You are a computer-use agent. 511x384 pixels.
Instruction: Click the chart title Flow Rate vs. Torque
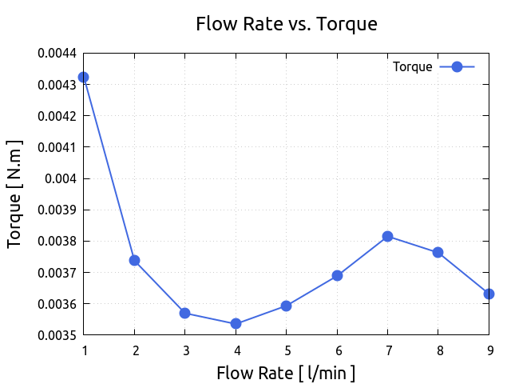pyautogui.click(x=286, y=24)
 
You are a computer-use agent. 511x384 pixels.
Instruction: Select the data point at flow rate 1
pyautogui.click(x=83, y=78)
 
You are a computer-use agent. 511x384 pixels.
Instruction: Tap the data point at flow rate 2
pyautogui.click(x=134, y=260)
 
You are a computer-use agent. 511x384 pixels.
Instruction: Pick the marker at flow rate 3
pyautogui.click(x=184, y=313)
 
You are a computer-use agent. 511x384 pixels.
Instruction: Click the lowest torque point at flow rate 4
pyautogui.click(x=236, y=324)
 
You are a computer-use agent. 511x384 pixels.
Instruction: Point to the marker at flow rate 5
pyautogui.click(x=286, y=306)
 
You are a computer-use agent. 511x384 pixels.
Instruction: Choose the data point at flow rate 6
pyautogui.click(x=337, y=275)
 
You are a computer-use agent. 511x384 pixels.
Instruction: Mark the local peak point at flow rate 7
pyautogui.click(x=387, y=236)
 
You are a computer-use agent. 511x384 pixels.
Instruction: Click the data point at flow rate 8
pyautogui.click(x=438, y=252)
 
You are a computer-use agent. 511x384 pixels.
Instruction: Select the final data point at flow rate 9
pyautogui.click(x=489, y=294)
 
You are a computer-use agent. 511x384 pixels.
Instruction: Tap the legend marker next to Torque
pyautogui.click(x=457, y=67)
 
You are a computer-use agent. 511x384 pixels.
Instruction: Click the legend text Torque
pyautogui.click(x=412, y=67)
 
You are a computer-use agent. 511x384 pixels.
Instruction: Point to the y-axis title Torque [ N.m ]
pyautogui.click(x=14, y=194)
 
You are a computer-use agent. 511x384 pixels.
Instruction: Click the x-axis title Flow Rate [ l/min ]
pyautogui.click(x=286, y=373)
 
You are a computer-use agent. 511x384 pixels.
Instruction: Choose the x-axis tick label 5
pyautogui.click(x=286, y=350)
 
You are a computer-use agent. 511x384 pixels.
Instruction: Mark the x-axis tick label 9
pyautogui.click(x=489, y=350)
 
